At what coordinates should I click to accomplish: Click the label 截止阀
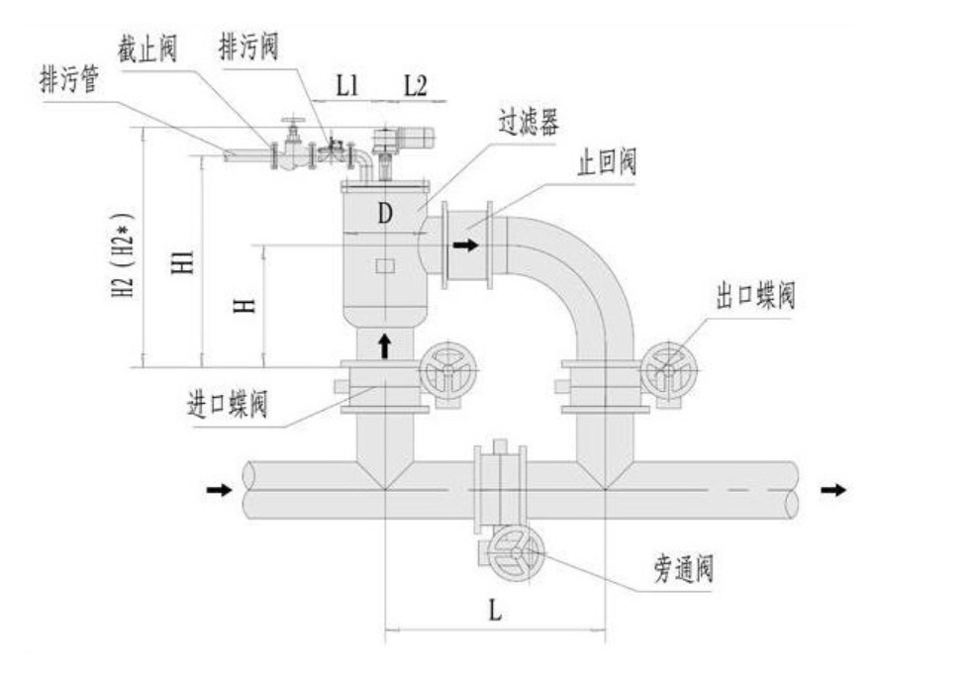[x=147, y=49]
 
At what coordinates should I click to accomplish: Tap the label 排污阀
[x=248, y=48]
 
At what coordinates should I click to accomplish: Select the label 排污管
[x=69, y=80]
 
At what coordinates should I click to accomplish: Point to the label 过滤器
[x=529, y=123]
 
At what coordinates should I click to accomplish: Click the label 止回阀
[x=607, y=162]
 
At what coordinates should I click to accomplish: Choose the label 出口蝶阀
[x=755, y=294]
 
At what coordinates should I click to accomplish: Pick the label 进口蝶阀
[x=228, y=403]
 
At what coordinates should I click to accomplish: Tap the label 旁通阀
[x=683, y=568]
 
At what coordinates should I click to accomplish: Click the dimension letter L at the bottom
[x=494, y=610]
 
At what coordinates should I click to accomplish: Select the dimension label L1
[x=347, y=86]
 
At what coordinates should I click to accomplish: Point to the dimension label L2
[x=416, y=86]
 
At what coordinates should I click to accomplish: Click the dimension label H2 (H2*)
[x=123, y=255]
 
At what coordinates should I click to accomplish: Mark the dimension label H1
[x=183, y=263]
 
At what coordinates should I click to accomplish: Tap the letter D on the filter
[x=385, y=214]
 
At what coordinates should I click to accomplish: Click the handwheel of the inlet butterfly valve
[x=447, y=371]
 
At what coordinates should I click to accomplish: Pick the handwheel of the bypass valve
[x=516, y=553]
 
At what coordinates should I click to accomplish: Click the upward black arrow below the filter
[x=385, y=345]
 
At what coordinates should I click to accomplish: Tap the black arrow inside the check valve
[x=466, y=245]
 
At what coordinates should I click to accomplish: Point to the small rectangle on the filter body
[x=385, y=265]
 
